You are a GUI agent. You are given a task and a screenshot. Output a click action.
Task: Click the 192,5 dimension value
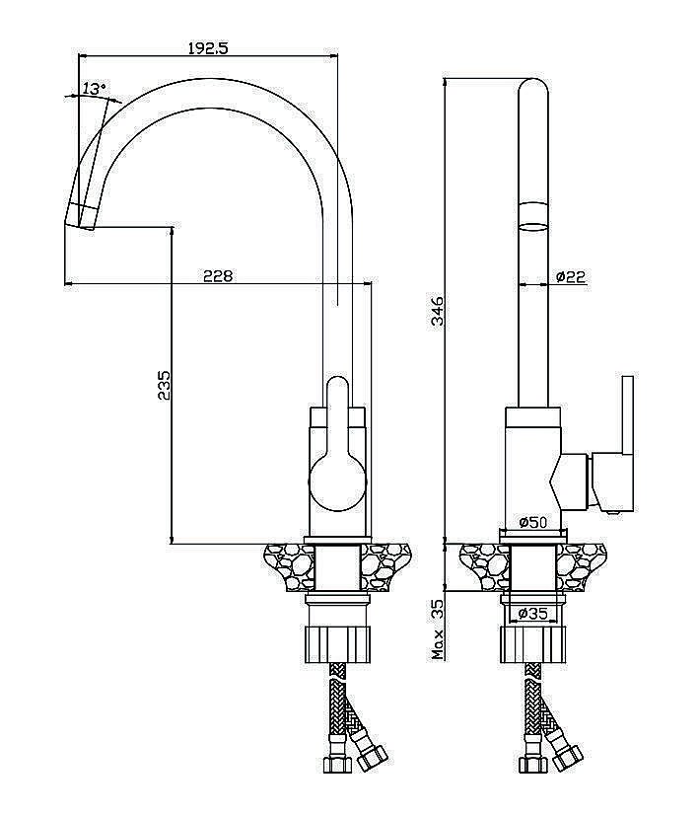click(208, 48)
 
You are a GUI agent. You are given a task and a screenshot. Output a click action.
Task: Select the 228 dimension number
click(218, 275)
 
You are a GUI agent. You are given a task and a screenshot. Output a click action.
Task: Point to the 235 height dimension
click(164, 385)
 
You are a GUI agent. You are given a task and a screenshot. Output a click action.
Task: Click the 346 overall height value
click(438, 311)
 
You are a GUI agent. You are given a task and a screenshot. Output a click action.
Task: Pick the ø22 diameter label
click(571, 276)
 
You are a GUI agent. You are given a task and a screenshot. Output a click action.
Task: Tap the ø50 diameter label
click(533, 521)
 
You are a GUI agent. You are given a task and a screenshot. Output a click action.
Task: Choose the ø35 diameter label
click(533, 614)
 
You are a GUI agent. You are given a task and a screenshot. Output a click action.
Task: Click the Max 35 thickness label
click(438, 630)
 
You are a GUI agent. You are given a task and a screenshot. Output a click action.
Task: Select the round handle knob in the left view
click(337, 482)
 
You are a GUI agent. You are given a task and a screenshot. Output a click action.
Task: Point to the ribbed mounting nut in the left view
click(337, 644)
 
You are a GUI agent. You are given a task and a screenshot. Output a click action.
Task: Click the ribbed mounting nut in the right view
click(533, 644)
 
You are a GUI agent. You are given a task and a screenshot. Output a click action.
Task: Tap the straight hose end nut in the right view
click(532, 765)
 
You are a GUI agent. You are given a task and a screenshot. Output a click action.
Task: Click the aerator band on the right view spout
click(533, 215)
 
